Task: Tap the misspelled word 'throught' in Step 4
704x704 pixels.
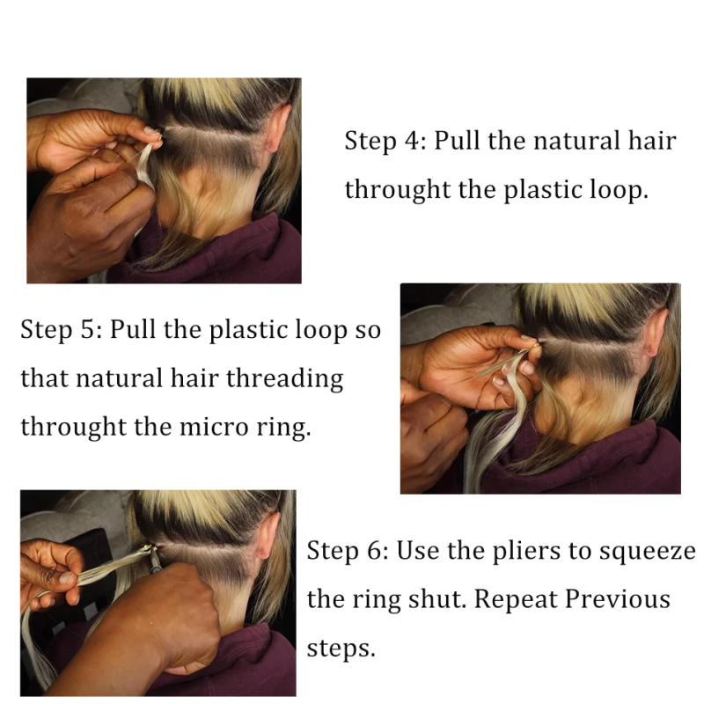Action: pyautogui.click(x=397, y=189)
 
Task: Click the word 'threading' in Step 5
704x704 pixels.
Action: pyautogui.click(x=284, y=378)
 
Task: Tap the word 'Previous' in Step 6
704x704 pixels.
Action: pyautogui.click(x=618, y=599)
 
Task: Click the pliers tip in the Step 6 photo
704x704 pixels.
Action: pyautogui.click(x=152, y=551)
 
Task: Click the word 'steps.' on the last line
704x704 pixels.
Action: pyautogui.click(x=341, y=649)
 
